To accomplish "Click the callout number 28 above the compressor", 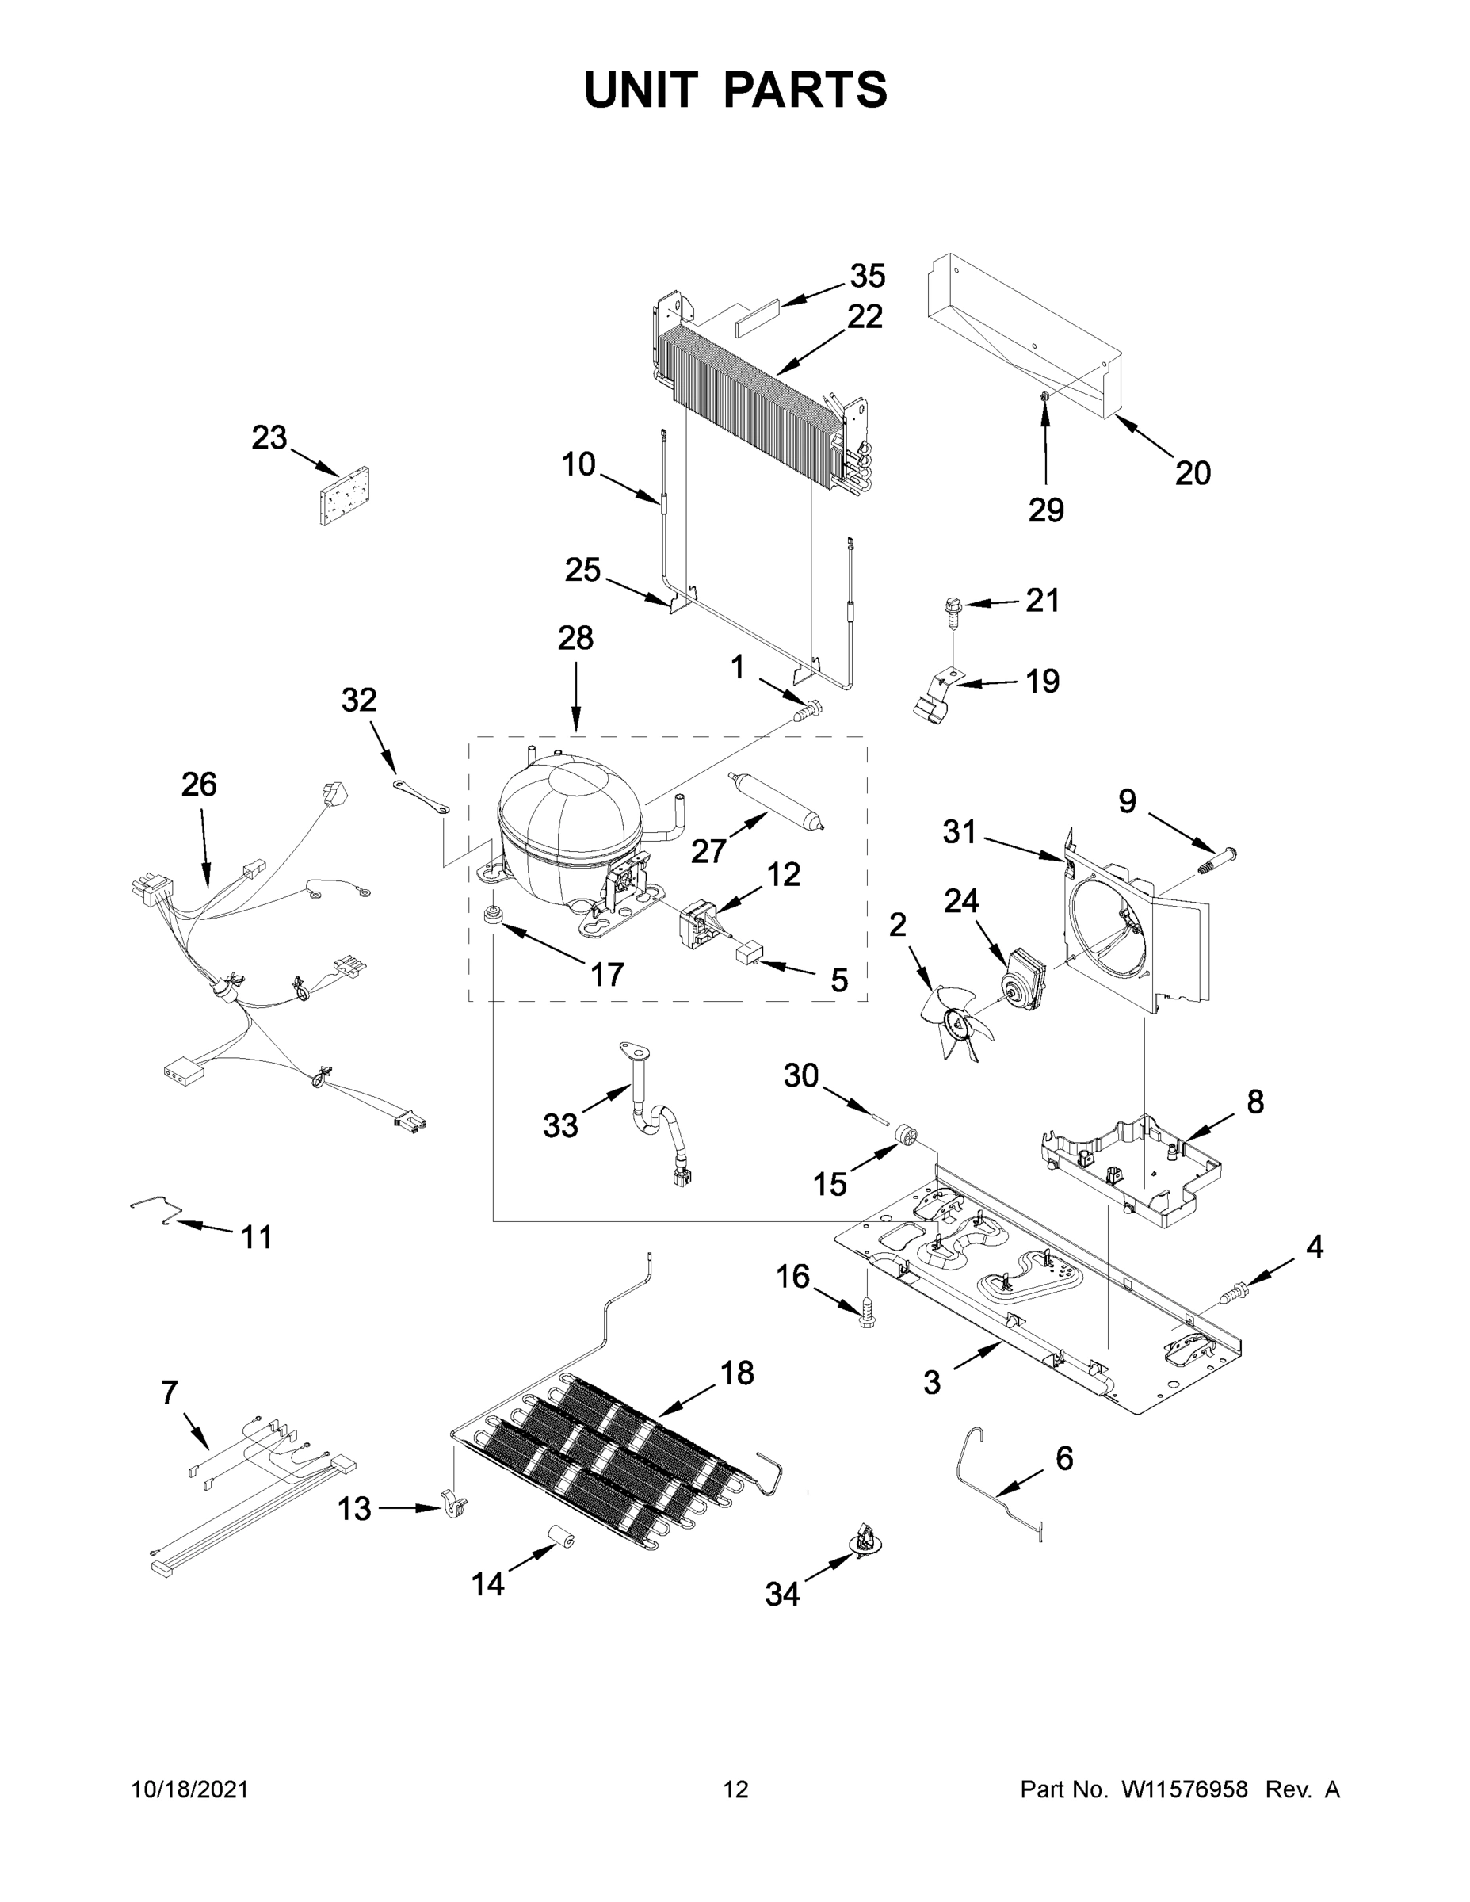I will coord(575,638).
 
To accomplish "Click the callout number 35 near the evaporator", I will coord(868,276).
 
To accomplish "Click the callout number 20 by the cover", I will coord(1192,473).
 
